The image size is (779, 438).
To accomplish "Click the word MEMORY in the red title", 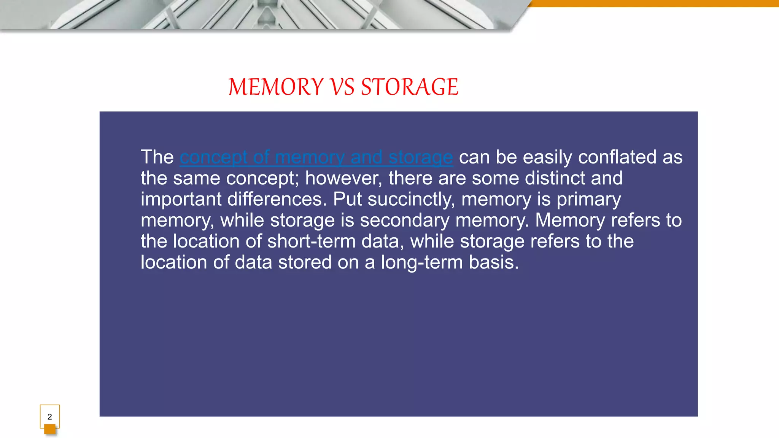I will point(276,87).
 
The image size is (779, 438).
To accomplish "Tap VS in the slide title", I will point(342,87).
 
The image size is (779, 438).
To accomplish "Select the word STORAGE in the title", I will point(410,87).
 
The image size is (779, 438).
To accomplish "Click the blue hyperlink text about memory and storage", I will point(316,157).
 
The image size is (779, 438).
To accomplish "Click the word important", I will point(181,200).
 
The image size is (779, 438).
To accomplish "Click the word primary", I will point(588,200).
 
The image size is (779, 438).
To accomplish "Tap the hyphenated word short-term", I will point(311,241).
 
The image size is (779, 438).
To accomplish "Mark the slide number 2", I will point(49,417).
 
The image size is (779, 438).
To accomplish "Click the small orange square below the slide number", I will point(50,429).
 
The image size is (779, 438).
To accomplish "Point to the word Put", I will point(347,200).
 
